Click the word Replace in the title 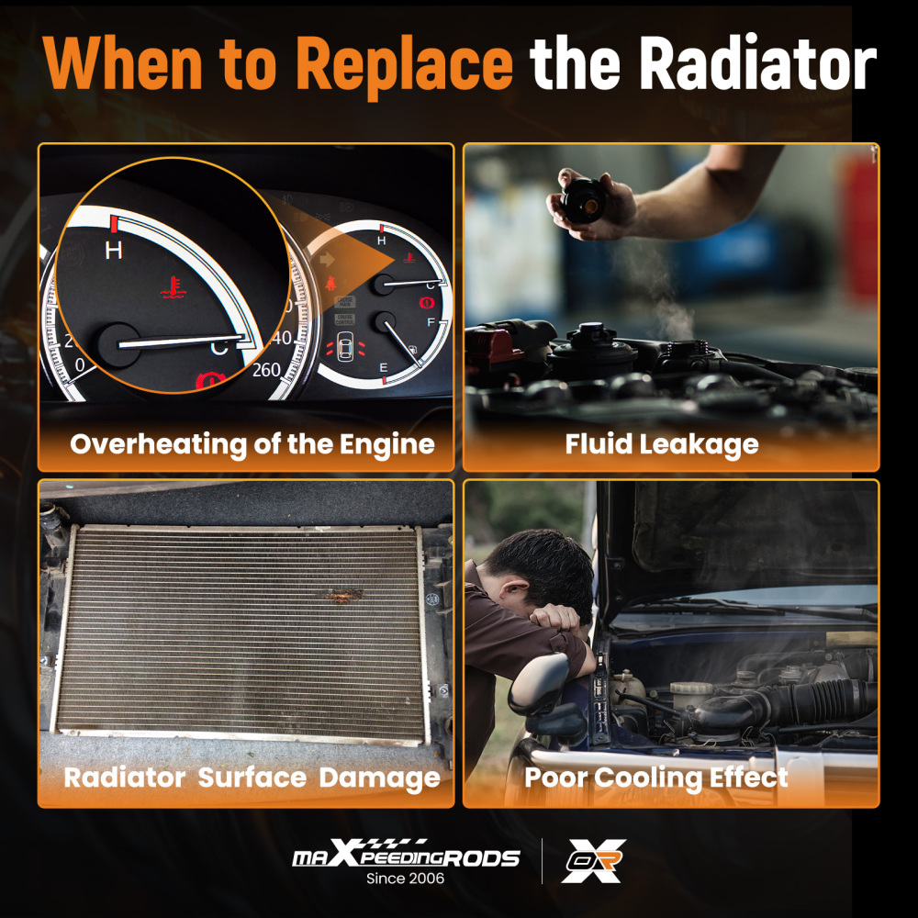point(405,64)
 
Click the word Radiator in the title point(758,63)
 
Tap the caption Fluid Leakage point(662,444)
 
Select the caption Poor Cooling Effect point(655,778)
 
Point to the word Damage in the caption point(379,778)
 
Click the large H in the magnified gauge point(114,251)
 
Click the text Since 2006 point(405,879)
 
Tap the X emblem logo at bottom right point(594,861)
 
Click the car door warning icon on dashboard point(346,348)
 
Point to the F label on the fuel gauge point(431,322)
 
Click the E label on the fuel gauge point(384,368)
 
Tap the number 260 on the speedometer point(266,370)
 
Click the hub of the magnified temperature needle point(119,345)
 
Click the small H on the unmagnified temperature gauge point(381,240)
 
